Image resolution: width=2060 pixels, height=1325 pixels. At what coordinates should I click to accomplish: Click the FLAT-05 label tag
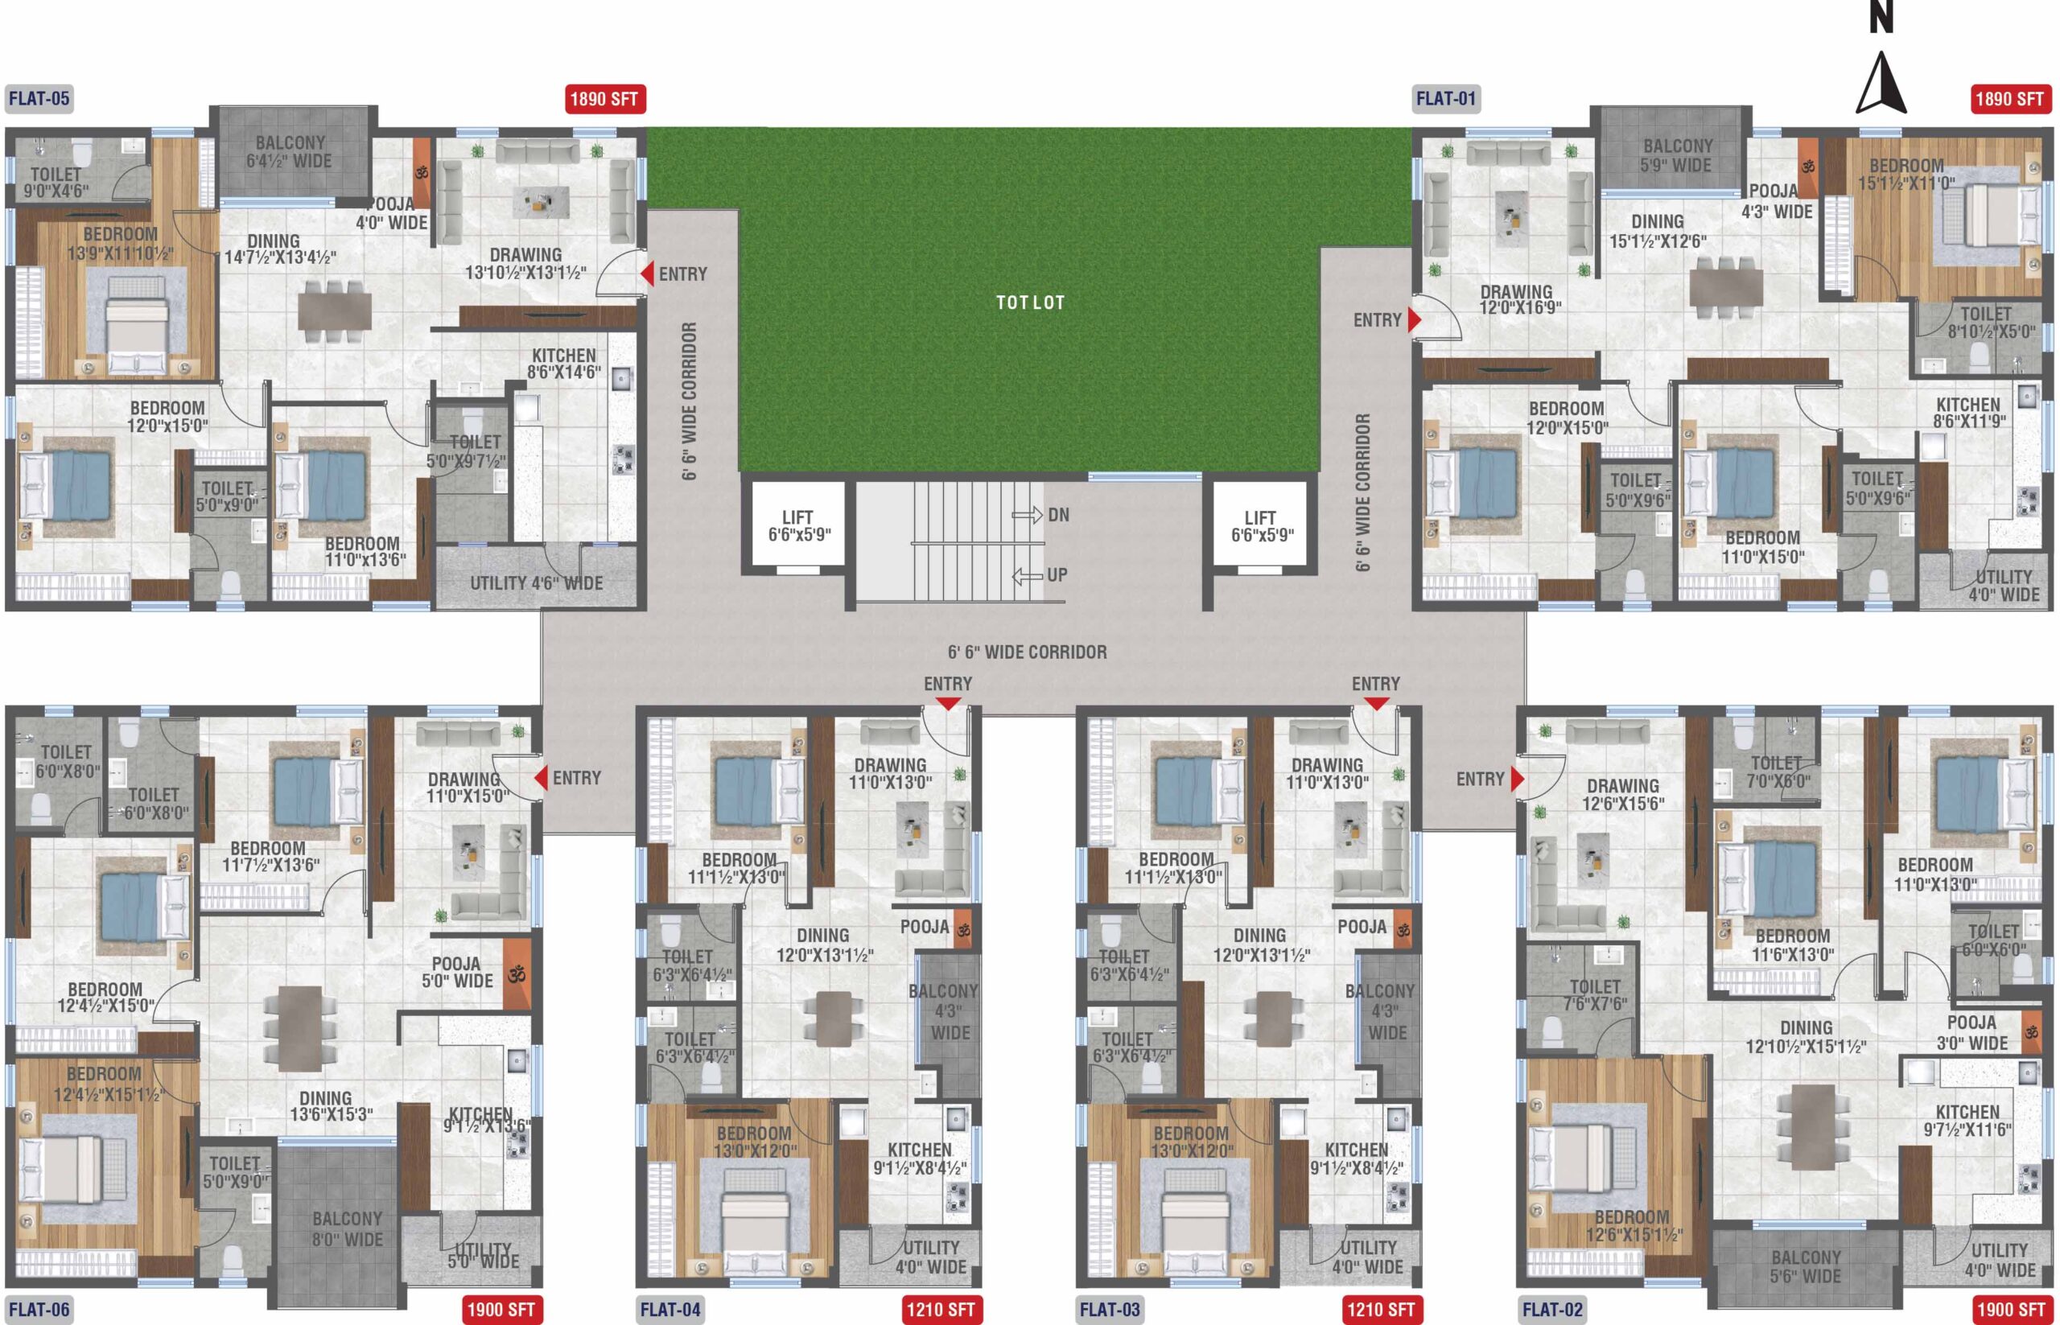tap(39, 98)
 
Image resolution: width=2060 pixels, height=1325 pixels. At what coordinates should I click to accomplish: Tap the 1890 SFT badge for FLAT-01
tap(2010, 99)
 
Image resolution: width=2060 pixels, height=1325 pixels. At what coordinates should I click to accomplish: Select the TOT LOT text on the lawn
tap(1030, 302)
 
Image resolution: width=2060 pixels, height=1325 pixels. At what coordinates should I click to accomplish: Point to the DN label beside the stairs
tap(1058, 516)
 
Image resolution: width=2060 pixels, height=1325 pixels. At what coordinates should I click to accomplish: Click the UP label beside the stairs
tap(1057, 574)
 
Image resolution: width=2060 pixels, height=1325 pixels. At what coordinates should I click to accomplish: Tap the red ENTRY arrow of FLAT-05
tap(646, 274)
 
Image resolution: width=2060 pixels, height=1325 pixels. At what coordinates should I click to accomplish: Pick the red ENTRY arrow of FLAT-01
tap(1415, 319)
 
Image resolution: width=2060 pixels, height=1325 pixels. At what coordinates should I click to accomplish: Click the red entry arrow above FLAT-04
tap(948, 704)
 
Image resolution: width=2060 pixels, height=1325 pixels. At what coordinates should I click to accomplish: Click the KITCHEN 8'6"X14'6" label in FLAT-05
tap(564, 364)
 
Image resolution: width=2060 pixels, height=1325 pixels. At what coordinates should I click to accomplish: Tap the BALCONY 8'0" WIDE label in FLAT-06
tap(348, 1229)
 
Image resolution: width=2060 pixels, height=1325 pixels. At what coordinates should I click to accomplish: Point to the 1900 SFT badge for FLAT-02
tap(2010, 1310)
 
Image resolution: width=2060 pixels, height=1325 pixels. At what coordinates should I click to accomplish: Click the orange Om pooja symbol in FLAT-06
tap(517, 975)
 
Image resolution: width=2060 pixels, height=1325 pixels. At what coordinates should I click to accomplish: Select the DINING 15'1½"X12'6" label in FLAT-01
tap(1658, 232)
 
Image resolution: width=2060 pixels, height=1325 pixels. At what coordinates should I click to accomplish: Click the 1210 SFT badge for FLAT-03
tap(1380, 1310)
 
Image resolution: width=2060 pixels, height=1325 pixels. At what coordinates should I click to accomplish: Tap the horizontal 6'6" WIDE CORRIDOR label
tap(1028, 652)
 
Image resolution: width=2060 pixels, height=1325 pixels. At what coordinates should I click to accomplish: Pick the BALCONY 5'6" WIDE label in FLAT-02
tap(1807, 1267)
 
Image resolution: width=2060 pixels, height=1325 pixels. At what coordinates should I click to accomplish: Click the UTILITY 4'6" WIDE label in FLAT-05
tap(536, 583)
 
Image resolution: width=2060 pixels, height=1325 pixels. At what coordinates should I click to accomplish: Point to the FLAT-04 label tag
tap(670, 1310)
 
